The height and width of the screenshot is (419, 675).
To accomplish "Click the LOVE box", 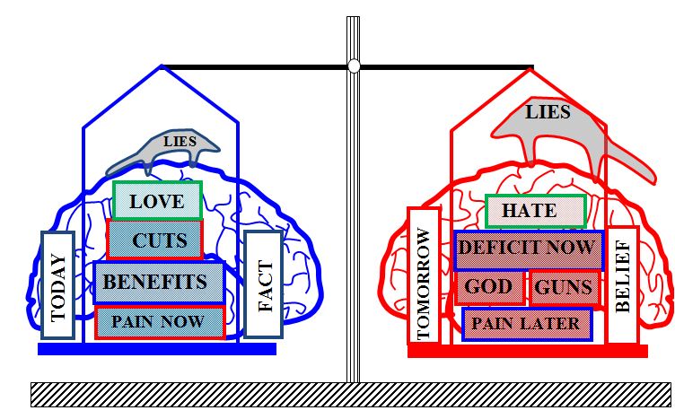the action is coord(158,200).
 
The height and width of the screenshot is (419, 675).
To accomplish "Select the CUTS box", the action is coord(155,240).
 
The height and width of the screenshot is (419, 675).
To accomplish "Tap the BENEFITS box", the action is coord(159,283).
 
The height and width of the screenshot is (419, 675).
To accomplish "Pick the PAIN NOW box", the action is coord(160,322).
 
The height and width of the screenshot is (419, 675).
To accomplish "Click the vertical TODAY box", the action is coord(58,285).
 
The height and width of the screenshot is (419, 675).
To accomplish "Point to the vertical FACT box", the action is coord(264,284).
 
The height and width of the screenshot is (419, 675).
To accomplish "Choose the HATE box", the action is coord(536,211).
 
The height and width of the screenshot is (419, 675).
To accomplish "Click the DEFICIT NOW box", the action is coord(529,250).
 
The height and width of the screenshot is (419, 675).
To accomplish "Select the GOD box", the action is coord(489,287).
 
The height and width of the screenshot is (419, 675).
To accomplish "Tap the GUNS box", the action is coord(565,288).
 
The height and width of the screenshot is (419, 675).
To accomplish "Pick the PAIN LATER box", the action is coord(527,324).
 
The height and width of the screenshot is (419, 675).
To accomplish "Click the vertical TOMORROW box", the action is coord(424,275).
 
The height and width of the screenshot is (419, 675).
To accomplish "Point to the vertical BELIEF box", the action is coord(622,284).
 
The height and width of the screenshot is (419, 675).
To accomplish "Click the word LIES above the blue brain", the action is coord(180,141).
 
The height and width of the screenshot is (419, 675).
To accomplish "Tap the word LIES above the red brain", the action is coord(548,112).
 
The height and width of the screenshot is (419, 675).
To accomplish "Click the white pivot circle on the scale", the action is coord(354,66).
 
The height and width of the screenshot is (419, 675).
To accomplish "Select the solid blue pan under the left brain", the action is coord(157,349).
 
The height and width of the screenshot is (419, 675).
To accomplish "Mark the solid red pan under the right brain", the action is coord(528,351).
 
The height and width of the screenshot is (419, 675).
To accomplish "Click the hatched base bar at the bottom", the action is coord(351,395).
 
